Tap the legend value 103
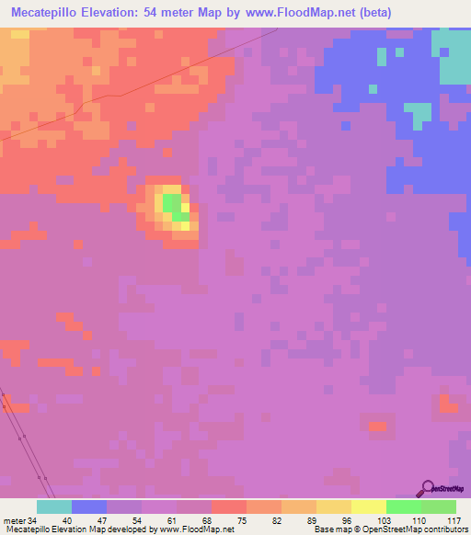384,520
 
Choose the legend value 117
453,520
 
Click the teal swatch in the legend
53,507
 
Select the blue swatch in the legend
88,507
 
